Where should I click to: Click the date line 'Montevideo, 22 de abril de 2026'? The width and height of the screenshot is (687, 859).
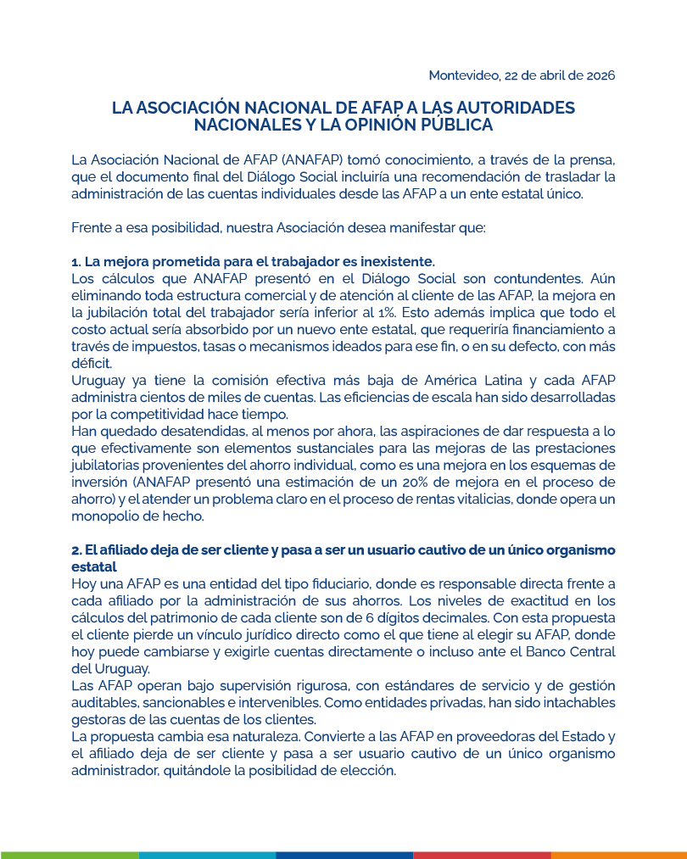(521, 75)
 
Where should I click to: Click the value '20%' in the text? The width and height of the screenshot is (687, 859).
(427, 483)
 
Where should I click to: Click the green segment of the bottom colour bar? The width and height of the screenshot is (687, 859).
(68, 855)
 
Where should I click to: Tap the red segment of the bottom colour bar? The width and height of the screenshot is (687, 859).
(482, 855)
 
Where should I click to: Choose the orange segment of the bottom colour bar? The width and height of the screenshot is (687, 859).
(619, 855)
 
